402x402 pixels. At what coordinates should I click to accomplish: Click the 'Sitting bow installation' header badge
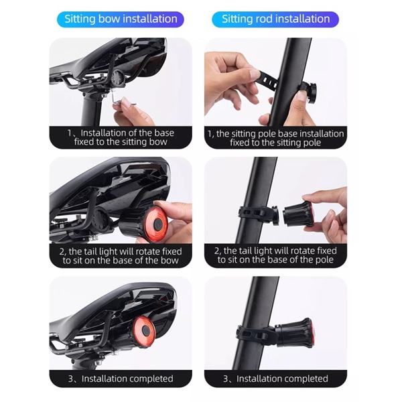[x=121, y=19]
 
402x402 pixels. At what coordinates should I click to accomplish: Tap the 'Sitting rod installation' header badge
[x=275, y=19]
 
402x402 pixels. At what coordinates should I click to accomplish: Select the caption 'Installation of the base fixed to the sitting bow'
[x=121, y=137]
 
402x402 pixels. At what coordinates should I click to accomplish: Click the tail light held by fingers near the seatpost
[x=298, y=214]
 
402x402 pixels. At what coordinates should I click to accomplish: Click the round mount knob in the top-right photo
[x=311, y=93]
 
